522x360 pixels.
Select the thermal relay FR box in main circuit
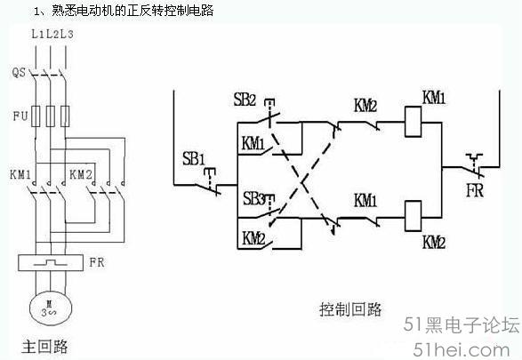click(x=51, y=263)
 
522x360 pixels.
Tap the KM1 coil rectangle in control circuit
click(x=413, y=122)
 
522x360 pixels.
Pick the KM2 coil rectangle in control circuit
click(x=413, y=216)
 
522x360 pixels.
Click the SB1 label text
click(x=194, y=159)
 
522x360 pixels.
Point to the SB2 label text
click(x=245, y=100)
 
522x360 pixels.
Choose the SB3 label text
click(x=254, y=198)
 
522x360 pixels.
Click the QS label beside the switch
click(x=19, y=72)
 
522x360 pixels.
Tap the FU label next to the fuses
click(x=20, y=116)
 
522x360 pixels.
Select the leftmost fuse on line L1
click(x=36, y=116)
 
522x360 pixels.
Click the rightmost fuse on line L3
click(x=65, y=116)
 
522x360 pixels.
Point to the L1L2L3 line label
click(x=52, y=34)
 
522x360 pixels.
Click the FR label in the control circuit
click(x=475, y=190)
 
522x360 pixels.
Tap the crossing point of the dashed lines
click(x=302, y=182)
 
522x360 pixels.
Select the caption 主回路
click(x=45, y=346)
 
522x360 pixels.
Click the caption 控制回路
click(x=350, y=309)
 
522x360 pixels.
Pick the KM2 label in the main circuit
click(x=81, y=174)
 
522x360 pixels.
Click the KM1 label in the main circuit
click(x=20, y=174)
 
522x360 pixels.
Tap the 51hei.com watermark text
click(x=462, y=349)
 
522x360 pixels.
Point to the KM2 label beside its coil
click(x=434, y=242)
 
